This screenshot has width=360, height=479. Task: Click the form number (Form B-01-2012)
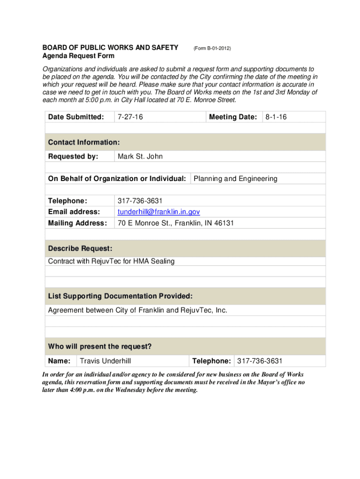pyautogui.click(x=212, y=48)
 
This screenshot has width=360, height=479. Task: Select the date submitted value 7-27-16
pyautogui.click(x=130, y=117)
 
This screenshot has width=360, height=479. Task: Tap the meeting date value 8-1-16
pyautogui.click(x=276, y=117)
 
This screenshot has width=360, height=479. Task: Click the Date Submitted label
pyautogui.click(x=76, y=117)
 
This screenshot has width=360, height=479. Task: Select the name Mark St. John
pyautogui.click(x=140, y=156)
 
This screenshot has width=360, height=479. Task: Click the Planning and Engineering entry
pyautogui.click(x=235, y=179)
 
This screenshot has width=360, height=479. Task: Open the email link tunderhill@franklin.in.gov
pyautogui.click(x=158, y=212)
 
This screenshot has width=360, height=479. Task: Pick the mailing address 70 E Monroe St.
pyautogui.click(x=175, y=223)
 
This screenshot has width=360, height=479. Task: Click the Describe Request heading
pyautogui.click(x=80, y=248)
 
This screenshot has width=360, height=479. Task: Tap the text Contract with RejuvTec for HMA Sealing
pyautogui.click(x=111, y=261)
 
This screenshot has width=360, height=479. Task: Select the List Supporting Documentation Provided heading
pyautogui.click(x=120, y=296)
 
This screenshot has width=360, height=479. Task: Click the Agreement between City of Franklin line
pyautogui.click(x=137, y=310)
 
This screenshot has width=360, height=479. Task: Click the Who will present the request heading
pyautogui.click(x=100, y=347)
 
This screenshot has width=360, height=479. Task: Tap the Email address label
pyautogui.click(x=74, y=212)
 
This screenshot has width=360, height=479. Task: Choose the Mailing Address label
pyautogui.click(x=77, y=223)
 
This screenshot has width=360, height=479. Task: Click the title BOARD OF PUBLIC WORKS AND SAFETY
pyautogui.click(x=110, y=48)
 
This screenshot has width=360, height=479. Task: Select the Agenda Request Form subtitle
pyautogui.click(x=79, y=56)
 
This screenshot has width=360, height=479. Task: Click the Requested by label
pyautogui.click(x=73, y=156)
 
